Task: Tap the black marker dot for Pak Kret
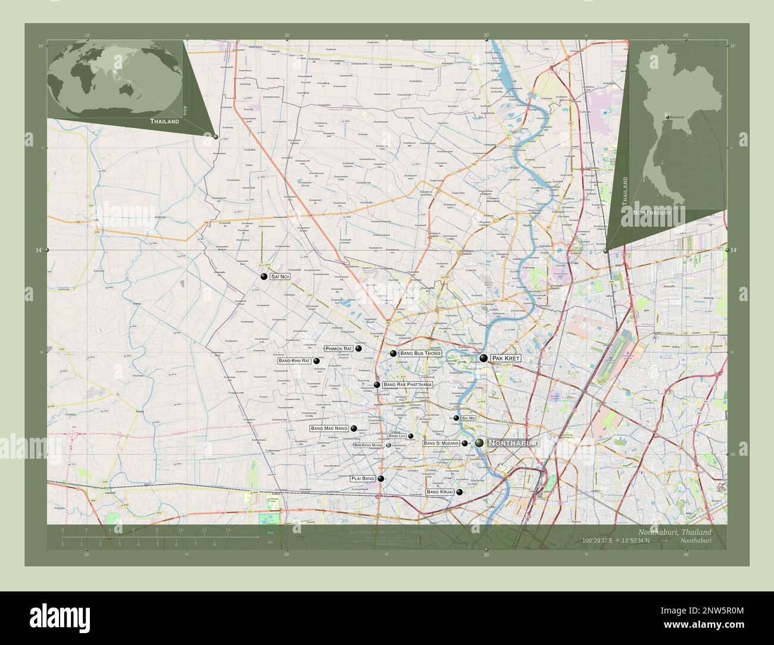pyautogui.click(x=483, y=358)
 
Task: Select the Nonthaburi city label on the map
pyautogui.click(x=513, y=443)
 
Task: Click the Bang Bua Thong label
pyautogui.click(x=420, y=353)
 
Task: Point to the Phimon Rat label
pyautogui.click(x=339, y=348)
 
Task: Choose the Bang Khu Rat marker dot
pyautogui.click(x=316, y=361)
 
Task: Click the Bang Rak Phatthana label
pyautogui.click(x=407, y=385)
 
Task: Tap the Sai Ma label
pyautogui.click(x=469, y=418)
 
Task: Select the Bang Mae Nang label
pyautogui.click(x=329, y=428)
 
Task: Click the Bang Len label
pyautogui.click(x=397, y=436)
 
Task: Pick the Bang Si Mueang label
pyautogui.click(x=441, y=443)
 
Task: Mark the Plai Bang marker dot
pyautogui.click(x=380, y=478)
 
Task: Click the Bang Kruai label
pyautogui.click(x=440, y=492)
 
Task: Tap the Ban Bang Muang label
pyautogui.click(x=369, y=445)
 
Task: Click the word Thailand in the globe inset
pyautogui.click(x=164, y=121)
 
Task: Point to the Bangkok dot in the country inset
pyautogui.click(x=668, y=117)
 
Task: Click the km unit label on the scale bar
pyautogui.click(x=270, y=532)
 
